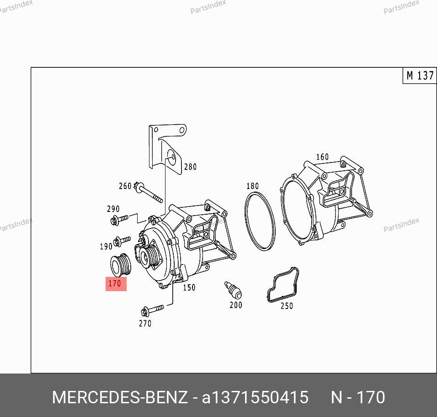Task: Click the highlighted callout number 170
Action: pos(115,284)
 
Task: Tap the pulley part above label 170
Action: pos(120,265)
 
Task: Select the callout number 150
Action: pos(189,287)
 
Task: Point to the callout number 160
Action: pos(322,157)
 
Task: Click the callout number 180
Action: pos(253,186)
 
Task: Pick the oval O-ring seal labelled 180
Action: pos(260,221)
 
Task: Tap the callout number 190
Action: pos(106,246)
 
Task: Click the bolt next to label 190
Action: pos(122,241)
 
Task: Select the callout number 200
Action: pos(236,305)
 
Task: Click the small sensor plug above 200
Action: pos(233,290)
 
